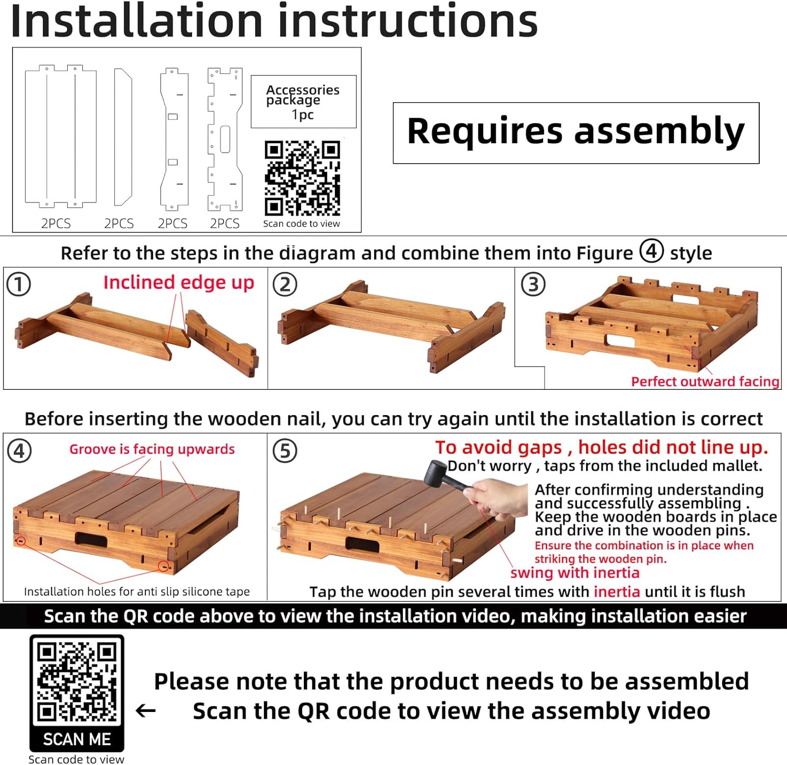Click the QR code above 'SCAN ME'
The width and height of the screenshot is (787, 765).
pyautogui.click(x=77, y=682)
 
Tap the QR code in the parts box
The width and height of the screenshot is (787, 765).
pyautogui.click(x=302, y=178)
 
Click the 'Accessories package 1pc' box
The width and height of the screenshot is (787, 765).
pyautogui.click(x=304, y=102)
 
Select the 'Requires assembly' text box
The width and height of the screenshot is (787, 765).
pyautogui.click(x=576, y=133)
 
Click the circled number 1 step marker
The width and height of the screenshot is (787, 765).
pyautogui.click(x=19, y=284)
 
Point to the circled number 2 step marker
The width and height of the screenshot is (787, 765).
pyautogui.click(x=285, y=284)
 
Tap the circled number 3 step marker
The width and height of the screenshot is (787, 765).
pyautogui.click(x=533, y=284)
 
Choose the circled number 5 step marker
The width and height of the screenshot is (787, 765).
pyautogui.click(x=285, y=451)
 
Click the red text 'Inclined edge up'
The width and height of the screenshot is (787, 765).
pyautogui.click(x=178, y=283)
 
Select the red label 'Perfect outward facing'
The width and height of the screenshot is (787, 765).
pyautogui.click(x=705, y=381)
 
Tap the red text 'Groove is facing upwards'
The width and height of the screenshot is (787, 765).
pyautogui.click(x=152, y=449)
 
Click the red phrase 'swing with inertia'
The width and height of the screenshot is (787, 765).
pyautogui.click(x=575, y=572)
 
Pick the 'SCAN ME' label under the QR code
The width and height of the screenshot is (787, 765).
pyautogui.click(x=77, y=739)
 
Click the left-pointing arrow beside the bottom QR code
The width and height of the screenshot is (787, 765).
pyautogui.click(x=146, y=711)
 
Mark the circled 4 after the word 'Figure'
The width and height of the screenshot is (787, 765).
pyautogui.click(x=652, y=251)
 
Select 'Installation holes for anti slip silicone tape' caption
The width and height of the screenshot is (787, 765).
pyautogui.click(x=137, y=591)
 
